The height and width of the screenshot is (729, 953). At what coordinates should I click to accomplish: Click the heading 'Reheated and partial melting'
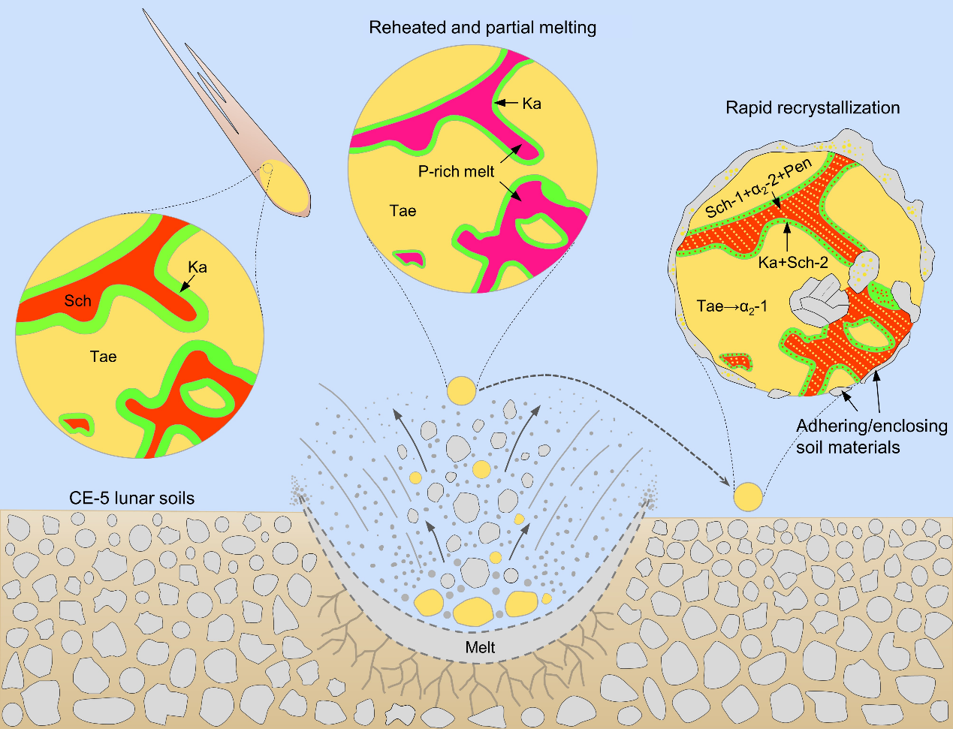coord(482,29)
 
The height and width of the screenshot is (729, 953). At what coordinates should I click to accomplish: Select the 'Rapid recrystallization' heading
coord(813,107)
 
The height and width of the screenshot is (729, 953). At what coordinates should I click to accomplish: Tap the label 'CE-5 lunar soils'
coord(131,498)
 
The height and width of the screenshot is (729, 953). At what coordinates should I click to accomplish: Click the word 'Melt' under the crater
coord(481,647)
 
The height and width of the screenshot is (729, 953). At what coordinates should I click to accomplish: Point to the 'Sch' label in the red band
coord(77,301)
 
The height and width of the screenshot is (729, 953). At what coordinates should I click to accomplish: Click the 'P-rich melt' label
coord(456,172)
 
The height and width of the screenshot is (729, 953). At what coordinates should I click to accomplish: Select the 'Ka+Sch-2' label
coord(793,263)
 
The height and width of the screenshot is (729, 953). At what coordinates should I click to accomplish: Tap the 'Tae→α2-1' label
coord(731,306)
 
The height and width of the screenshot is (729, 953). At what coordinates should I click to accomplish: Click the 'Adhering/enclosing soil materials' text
coord(871,436)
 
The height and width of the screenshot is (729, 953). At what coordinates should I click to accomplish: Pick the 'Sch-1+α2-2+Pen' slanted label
coord(758,188)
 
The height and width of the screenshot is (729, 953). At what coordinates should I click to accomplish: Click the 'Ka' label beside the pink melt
coord(532,104)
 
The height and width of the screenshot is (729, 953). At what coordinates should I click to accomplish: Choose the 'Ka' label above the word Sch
coord(198,267)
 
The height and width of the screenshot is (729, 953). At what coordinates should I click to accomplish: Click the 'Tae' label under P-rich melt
coord(403,211)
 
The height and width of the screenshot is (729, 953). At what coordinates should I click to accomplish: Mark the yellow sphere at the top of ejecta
coord(461,390)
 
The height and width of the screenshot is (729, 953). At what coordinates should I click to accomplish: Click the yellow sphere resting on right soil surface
coord(747,496)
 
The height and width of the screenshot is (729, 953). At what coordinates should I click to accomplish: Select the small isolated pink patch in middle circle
coord(408,258)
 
